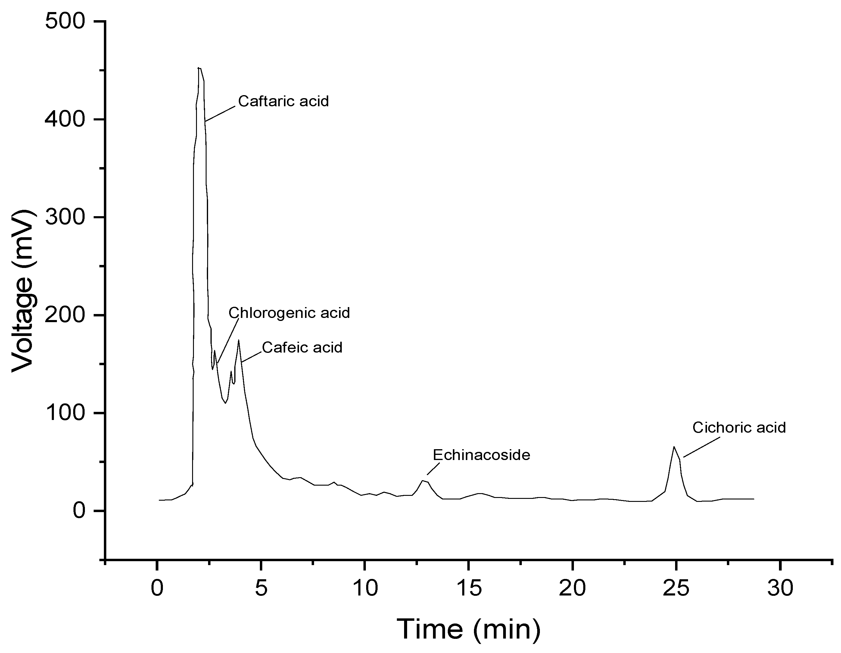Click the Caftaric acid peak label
283,101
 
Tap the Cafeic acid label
302,347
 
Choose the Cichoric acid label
739,428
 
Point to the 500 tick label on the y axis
65,21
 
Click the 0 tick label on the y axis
79,511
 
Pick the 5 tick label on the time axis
261,588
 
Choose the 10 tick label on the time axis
365,588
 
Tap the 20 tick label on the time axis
573,588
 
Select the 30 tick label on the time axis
780,588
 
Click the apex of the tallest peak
199,68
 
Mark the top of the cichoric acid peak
674,447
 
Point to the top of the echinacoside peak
423,480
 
